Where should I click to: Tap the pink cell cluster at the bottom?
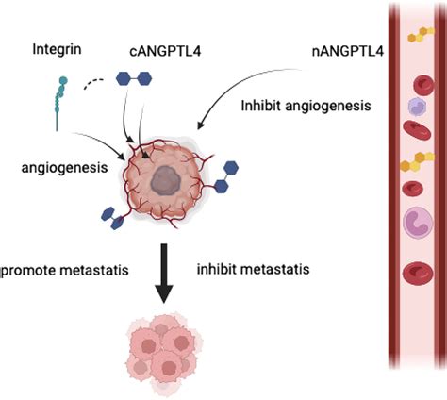click(x=164, y=349)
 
